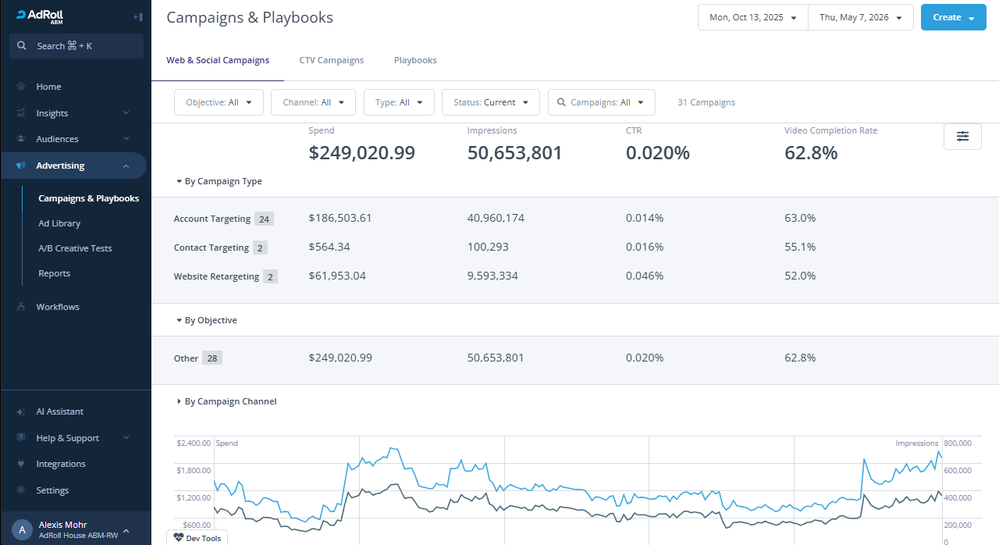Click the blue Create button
coord(953,17)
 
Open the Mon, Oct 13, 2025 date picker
coord(753,17)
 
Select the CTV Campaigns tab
coord(332,60)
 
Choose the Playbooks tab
coord(415,60)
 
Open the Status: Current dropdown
coord(491,102)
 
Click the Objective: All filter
coord(219,102)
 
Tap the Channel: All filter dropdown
coord(313,102)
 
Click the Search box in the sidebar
coord(76,46)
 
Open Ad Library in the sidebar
coord(59,223)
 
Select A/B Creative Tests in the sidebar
coord(75,248)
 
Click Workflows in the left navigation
coord(58,307)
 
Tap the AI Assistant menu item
coord(60,411)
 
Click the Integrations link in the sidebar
coord(61,464)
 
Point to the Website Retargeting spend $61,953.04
coord(337,276)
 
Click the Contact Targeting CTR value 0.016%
coord(645,247)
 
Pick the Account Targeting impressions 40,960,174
coord(496,218)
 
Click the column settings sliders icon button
coord(962,137)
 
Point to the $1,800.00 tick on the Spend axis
coord(194,471)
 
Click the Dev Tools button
coord(197,538)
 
